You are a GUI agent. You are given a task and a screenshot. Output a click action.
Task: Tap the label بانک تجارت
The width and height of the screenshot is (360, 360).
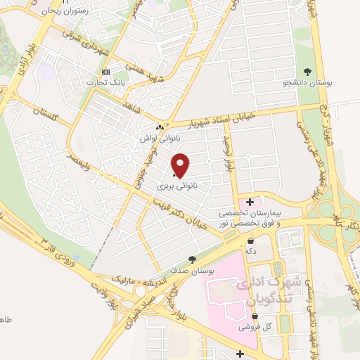point(100,83)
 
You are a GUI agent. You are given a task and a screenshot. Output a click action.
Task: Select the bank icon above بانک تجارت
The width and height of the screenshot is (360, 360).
point(106,72)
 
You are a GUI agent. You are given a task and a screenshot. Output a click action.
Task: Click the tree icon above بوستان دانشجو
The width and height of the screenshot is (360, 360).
point(307,71)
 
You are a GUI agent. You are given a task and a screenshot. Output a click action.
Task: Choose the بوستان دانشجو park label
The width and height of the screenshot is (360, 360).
point(307,83)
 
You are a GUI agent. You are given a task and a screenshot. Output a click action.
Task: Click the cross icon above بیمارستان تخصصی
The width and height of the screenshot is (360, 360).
point(250,201)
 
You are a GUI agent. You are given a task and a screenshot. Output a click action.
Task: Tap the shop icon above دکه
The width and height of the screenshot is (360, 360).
point(250,240)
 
